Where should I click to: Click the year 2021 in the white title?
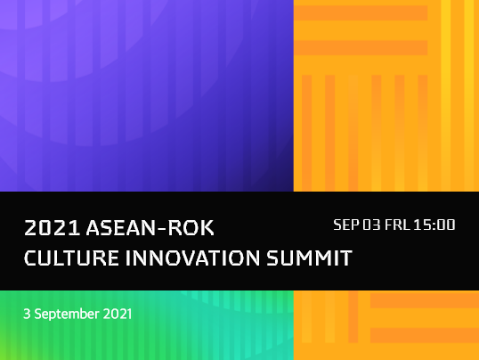pos(52,228)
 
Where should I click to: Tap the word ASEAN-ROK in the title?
pos(150,228)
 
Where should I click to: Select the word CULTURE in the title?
pos(71,258)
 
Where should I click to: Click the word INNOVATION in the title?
pos(192,258)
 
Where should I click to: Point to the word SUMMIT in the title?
pos(310,258)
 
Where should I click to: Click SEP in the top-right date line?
pos(346,225)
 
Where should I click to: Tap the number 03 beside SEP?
pos(371,225)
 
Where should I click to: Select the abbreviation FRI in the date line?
pos(397,225)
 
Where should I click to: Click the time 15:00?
pos(434,225)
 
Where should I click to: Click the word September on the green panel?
pos(67,315)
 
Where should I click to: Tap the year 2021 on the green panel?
pos(118,314)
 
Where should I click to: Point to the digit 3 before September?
pos(27,314)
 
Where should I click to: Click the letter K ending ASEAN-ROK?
pos(207,228)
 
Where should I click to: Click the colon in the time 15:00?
pos(434,225)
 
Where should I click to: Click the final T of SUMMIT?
pos(346,258)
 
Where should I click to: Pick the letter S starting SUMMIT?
pos(272,258)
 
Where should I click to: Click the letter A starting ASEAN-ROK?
pos(93,228)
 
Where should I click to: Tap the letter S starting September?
pos(38,314)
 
